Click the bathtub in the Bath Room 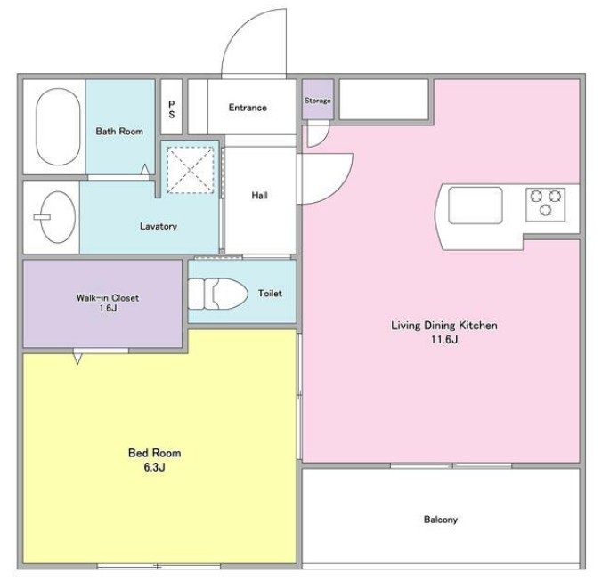click(x=59, y=127)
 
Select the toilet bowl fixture click(x=218, y=294)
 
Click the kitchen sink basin click(x=476, y=206)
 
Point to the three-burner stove click(x=545, y=205)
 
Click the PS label click(x=172, y=109)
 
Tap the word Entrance click(x=248, y=108)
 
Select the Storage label click(x=317, y=101)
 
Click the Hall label click(x=259, y=195)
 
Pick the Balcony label click(x=441, y=520)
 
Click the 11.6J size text click(x=444, y=340)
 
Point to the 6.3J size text click(x=154, y=467)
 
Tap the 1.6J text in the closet click(x=108, y=308)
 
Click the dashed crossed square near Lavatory click(x=191, y=170)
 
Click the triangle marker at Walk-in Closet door click(x=77, y=359)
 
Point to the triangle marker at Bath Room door click(x=145, y=170)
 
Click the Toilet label click(x=270, y=294)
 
